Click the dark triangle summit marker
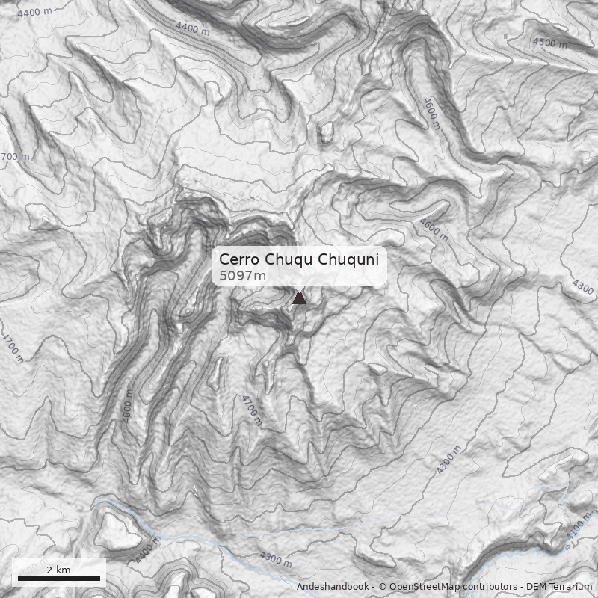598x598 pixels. (x=299, y=298)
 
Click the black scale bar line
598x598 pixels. (x=58, y=578)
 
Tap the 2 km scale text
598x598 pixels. (x=58, y=570)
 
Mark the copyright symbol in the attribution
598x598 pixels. (x=383, y=586)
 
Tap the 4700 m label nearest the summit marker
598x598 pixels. (x=252, y=410)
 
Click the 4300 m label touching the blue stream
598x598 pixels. (x=276, y=558)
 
